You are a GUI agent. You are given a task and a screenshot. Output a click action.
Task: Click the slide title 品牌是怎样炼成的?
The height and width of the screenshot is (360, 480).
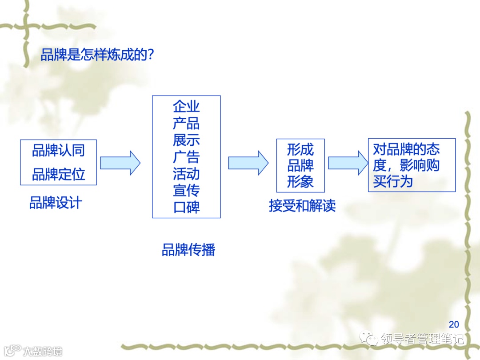click(x=97, y=54)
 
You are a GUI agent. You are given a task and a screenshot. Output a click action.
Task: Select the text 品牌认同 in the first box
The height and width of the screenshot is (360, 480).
click(x=58, y=151)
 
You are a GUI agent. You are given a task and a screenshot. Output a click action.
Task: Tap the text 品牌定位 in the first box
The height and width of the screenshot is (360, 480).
click(x=58, y=174)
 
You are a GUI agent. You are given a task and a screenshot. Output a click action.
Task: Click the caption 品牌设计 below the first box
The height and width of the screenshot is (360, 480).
click(x=56, y=203)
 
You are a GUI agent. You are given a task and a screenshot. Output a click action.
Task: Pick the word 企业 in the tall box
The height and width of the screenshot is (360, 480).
click(x=186, y=107)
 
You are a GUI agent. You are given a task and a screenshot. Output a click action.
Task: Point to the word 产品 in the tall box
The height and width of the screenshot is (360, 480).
click(x=186, y=124)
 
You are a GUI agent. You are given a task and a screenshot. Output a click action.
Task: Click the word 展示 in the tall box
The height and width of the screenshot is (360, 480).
click(x=186, y=140)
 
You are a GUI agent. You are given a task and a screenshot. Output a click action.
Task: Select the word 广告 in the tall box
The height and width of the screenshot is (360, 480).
click(x=186, y=157)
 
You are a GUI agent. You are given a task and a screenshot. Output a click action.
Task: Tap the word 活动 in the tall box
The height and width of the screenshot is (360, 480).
click(x=186, y=173)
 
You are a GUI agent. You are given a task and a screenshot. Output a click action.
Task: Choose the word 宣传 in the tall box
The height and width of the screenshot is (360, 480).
click(x=186, y=190)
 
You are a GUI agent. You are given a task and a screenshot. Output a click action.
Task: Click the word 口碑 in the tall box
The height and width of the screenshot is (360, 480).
click(x=186, y=207)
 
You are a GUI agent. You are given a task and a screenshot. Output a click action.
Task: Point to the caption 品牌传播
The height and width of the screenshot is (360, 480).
click(x=188, y=250)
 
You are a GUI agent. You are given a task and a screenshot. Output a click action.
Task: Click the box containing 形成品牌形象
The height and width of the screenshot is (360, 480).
click(x=300, y=165)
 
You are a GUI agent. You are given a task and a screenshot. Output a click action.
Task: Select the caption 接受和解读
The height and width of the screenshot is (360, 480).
click(x=302, y=206)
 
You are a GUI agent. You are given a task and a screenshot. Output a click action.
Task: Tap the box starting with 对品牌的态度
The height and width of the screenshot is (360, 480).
click(x=412, y=165)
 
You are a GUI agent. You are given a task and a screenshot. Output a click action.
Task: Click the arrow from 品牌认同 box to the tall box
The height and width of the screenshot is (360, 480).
click(x=120, y=163)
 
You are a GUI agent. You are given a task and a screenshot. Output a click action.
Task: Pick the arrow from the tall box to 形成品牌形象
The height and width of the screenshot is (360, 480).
click(x=248, y=163)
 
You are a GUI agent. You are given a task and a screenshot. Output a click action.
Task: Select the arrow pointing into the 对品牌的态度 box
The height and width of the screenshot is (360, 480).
click(x=345, y=163)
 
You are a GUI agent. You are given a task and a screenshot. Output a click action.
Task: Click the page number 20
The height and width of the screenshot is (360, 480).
click(x=454, y=324)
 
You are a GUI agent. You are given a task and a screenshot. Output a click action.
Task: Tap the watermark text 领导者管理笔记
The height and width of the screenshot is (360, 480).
click(x=422, y=339)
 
